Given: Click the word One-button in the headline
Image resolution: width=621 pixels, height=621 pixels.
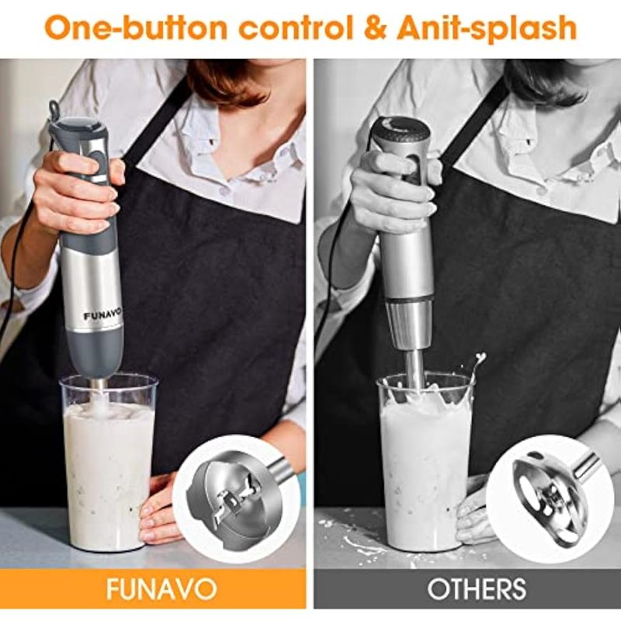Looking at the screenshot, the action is click(x=137, y=28).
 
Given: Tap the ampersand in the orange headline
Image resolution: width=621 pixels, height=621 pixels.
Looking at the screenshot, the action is click(x=375, y=28).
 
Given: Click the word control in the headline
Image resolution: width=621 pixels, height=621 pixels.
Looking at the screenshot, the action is click(x=296, y=28).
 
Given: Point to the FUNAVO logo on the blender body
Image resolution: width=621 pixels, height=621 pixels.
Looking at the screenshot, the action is click(x=97, y=316).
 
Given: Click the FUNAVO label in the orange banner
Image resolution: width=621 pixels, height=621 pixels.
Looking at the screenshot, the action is click(x=161, y=589).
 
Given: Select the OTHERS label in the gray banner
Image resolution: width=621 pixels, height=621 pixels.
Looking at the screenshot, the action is click(x=477, y=589).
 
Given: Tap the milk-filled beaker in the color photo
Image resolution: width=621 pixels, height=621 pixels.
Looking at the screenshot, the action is click(x=108, y=463).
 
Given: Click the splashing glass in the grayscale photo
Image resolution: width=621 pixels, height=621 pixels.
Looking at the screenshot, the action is click(x=425, y=463).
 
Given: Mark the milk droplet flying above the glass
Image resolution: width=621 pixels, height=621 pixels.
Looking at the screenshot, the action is click(x=481, y=358).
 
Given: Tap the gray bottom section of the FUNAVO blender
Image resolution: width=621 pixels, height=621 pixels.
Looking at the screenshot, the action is click(x=95, y=353).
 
